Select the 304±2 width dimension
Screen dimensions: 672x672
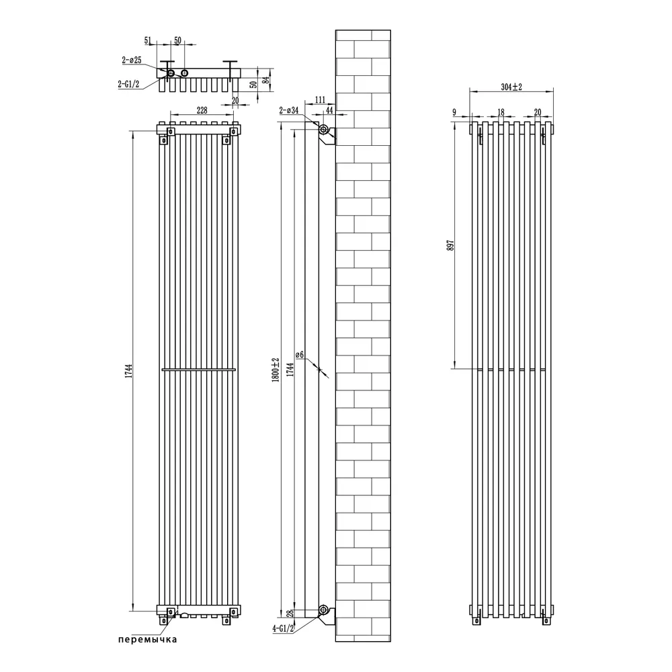[x=512, y=86]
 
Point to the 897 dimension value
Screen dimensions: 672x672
[x=450, y=247]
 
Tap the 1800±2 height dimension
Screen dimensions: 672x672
[x=274, y=370]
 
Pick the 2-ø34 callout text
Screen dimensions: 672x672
[x=289, y=110]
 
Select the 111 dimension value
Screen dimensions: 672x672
[x=310, y=100]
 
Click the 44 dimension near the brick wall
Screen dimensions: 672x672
[x=329, y=110]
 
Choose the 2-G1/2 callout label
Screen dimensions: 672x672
[x=129, y=84]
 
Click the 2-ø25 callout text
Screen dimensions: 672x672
[x=132, y=60]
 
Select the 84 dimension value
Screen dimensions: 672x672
[x=267, y=81]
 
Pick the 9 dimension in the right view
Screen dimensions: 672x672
[x=455, y=113]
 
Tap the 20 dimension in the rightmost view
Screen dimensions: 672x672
[x=537, y=113]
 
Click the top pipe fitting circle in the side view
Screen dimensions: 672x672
[x=325, y=130]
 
